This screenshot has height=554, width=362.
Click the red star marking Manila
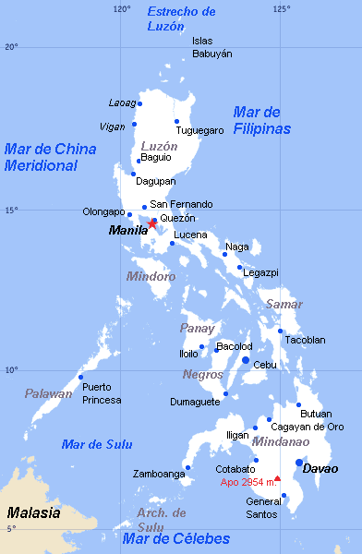click(x=152, y=223)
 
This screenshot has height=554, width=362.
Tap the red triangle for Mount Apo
click(x=277, y=478)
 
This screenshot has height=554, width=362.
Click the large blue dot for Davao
click(x=299, y=463)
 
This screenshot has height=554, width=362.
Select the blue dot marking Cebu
click(x=246, y=360)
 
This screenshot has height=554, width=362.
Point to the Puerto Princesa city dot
click(x=81, y=377)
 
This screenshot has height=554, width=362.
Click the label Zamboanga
click(x=159, y=474)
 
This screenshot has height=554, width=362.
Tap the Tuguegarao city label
click(x=200, y=130)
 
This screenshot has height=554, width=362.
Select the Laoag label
click(x=122, y=102)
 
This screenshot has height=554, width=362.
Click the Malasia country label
click(x=34, y=512)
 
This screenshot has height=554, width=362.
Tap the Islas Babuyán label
click(x=211, y=47)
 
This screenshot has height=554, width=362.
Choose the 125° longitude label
click(x=281, y=9)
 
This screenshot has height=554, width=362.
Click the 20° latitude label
click(x=10, y=46)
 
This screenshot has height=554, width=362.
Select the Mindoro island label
click(x=151, y=276)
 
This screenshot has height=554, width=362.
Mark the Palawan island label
click(x=48, y=394)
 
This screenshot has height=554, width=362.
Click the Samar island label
click(x=284, y=304)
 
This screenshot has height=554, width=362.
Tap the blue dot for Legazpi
click(x=239, y=267)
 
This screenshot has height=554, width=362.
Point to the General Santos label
click(x=264, y=508)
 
